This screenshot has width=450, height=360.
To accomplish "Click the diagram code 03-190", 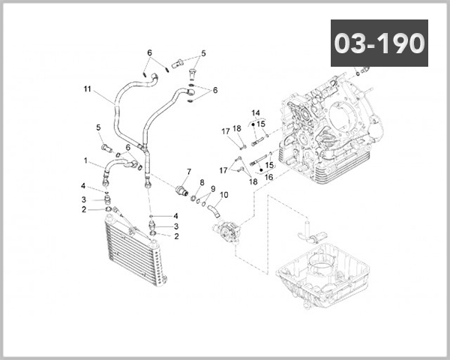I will click(379, 43).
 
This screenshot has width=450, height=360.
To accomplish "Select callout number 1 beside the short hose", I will click(86, 160).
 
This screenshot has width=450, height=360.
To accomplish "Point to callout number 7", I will click(188, 172).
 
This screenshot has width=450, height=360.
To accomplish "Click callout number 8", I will click(202, 182).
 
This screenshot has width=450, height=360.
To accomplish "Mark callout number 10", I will click(224, 195).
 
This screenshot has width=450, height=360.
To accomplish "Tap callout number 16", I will click(268, 177).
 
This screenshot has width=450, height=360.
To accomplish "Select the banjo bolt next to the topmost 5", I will click(178, 63).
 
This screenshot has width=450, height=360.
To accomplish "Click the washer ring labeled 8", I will click(194, 199).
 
